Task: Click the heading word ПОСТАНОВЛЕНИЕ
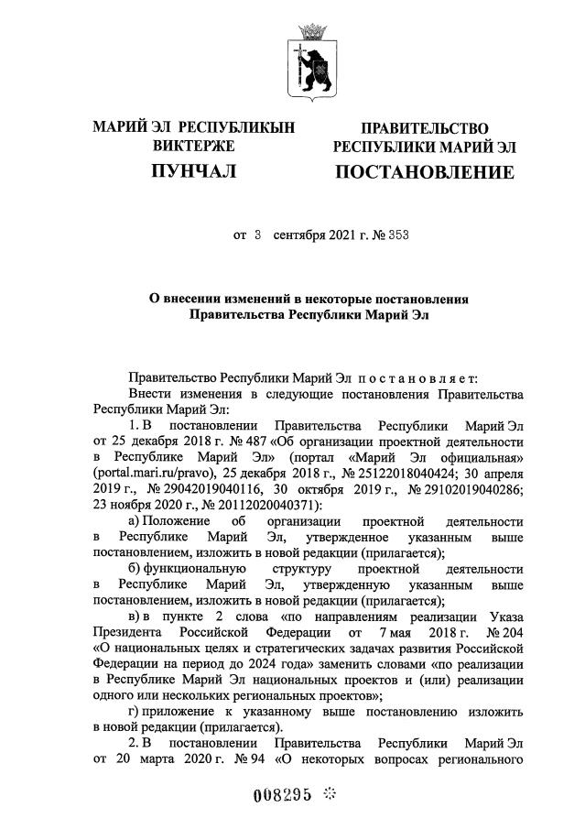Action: (424, 172)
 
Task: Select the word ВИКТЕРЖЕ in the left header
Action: (193, 146)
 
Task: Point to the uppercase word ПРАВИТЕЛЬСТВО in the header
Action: (424, 128)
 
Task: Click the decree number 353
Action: (396, 235)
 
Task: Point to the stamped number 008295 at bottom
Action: (281, 795)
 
